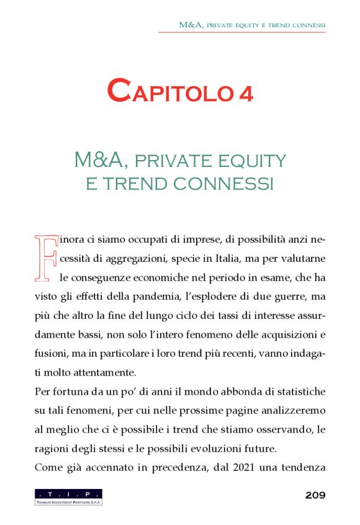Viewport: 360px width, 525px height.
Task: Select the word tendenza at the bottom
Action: tap(300, 468)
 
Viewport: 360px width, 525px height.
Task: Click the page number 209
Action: tap(315, 495)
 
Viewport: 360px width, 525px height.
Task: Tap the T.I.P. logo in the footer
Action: tap(68, 496)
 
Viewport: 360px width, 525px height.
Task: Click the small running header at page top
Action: tap(252, 25)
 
